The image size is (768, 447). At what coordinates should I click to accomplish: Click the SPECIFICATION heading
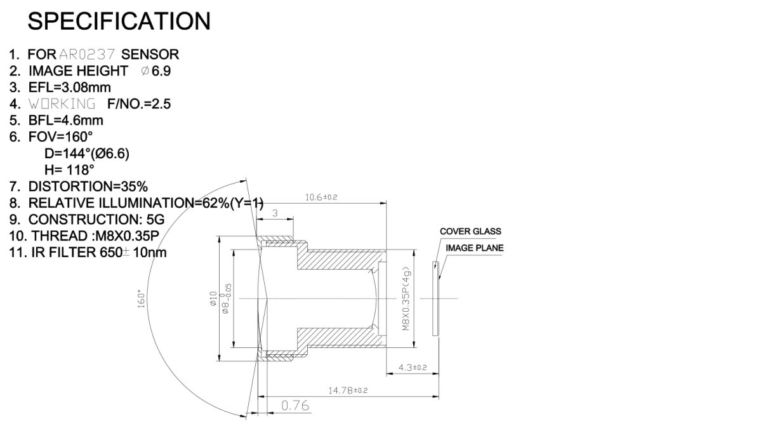(x=119, y=22)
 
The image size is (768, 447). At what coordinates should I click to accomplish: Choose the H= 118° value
(x=68, y=170)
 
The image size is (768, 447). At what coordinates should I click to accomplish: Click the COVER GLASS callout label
(x=470, y=232)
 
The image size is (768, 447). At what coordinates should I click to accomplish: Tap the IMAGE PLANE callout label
(x=474, y=248)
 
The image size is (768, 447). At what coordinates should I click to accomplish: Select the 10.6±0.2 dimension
(x=321, y=197)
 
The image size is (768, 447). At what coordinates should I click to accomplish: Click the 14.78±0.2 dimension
(x=348, y=390)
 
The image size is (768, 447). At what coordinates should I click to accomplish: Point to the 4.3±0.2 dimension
(x=412, y=368)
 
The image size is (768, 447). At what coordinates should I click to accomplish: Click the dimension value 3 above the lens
(x=275, y=213)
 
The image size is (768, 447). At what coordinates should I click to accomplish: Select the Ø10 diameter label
(x=213, y=298)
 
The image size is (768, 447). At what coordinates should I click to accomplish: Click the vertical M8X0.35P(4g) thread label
(x=406, y=298)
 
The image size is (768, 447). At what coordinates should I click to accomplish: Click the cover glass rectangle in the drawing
(x=435, y=298)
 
